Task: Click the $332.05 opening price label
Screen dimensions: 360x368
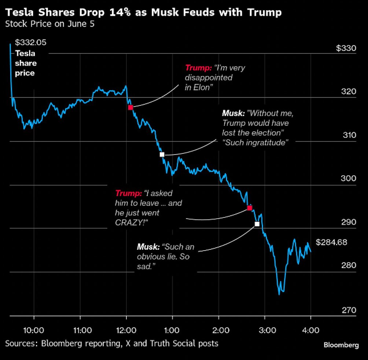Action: (x=31, y=42)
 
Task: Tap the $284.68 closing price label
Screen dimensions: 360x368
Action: (x=331, y=243)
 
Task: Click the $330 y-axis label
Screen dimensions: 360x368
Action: (x=346, y=48)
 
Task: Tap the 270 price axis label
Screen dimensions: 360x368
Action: (x=349, y=310)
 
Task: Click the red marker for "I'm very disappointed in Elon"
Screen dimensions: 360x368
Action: (x=130, y=107)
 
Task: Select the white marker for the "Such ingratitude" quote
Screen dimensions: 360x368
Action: (x=162, y=154)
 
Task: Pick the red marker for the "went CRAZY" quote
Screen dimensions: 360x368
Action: (x=250, y=208)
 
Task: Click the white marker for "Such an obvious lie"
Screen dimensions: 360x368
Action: (x=257, y=224)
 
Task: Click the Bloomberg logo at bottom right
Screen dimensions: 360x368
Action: (x=341, y=345)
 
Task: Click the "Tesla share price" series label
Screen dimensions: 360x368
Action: (x=25, y=63)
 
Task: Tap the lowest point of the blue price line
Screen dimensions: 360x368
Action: (x=279, y=294)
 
